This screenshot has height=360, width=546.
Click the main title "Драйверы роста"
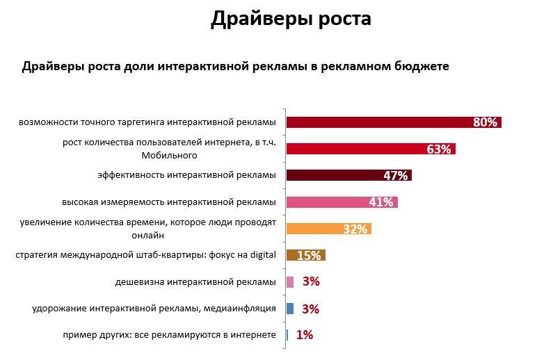tap(291, 19)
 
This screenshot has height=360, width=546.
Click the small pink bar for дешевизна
tap(290, 281)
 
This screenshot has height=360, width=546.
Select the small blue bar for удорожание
tap(290, 308)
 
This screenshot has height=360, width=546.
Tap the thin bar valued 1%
tap(287, 334)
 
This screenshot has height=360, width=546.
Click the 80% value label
tap(485, 122)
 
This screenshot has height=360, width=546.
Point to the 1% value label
tap(305, 335)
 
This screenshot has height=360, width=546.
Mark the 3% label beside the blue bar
tap(311, 309)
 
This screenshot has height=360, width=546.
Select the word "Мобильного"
tap(175, 156)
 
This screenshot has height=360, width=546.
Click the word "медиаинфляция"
tap(243, 308)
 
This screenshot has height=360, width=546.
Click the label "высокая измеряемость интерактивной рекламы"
tap(169, 202)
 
